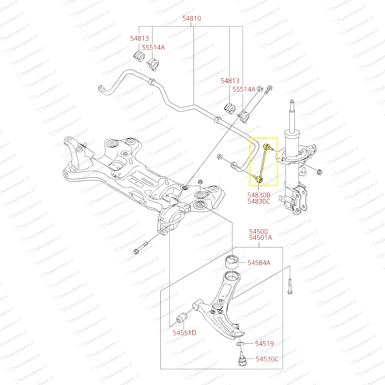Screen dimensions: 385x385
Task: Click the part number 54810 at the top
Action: tap(192, 19)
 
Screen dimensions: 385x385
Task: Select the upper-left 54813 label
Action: tap(139, 39)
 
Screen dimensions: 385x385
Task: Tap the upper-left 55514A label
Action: tap(154, 47)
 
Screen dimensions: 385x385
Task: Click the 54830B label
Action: tap(259, 195)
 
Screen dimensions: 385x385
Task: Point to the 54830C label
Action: tap(259, 202)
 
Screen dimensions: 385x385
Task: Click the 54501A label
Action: tap(260, 238)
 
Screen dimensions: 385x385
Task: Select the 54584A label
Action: tap(259, 263)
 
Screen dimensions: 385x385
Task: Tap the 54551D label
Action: tap(185, 333)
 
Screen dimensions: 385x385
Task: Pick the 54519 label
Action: tap(264, 344)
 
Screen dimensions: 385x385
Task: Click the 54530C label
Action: tap(267, 359)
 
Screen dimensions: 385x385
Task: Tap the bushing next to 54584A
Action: tap(232, 263)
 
